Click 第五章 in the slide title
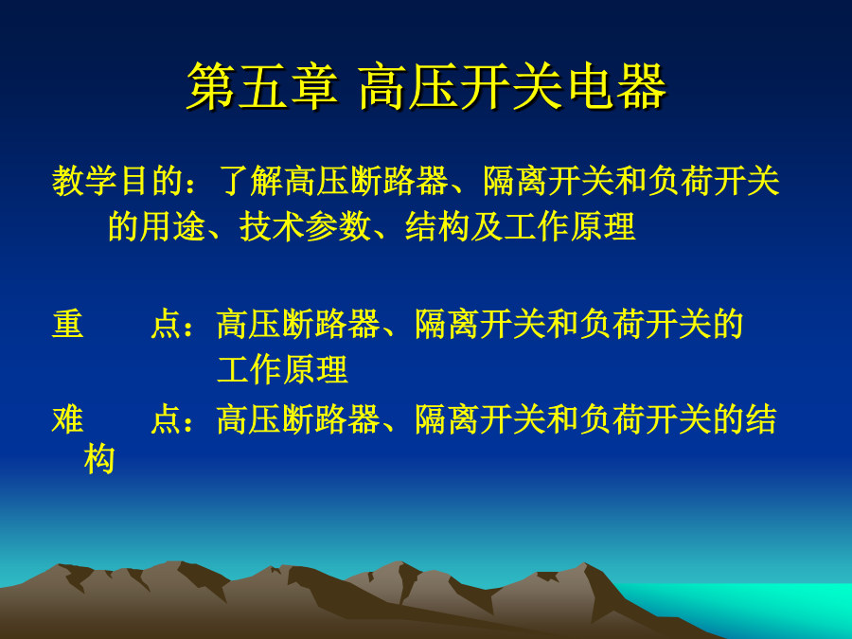(263, 86)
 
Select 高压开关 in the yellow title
(461, 86)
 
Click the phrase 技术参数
(305, 226)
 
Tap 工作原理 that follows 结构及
(570, 226)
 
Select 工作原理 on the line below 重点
(282, 369)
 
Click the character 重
(68, 324)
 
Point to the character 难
(68, 419)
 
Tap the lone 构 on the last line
(99, 459)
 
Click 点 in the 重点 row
(166, 324)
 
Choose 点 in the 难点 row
(166, 419)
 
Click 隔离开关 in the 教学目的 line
(549, 181)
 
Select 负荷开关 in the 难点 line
(646, 419)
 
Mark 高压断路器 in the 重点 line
(298, 324)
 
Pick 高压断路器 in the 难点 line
(298, 419)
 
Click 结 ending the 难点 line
(761, 419)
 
